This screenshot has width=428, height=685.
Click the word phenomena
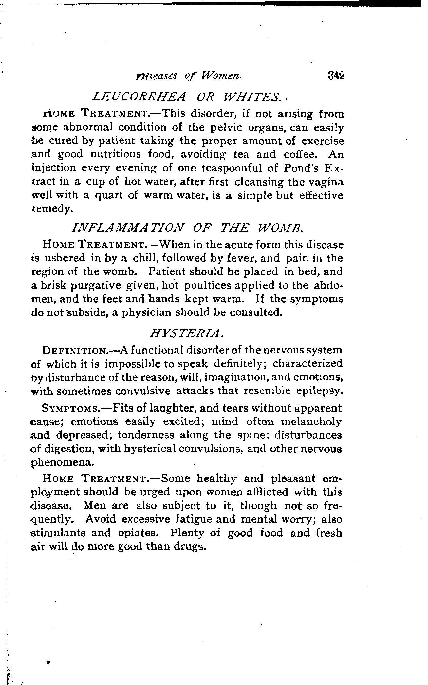click(x=62, y=462)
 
